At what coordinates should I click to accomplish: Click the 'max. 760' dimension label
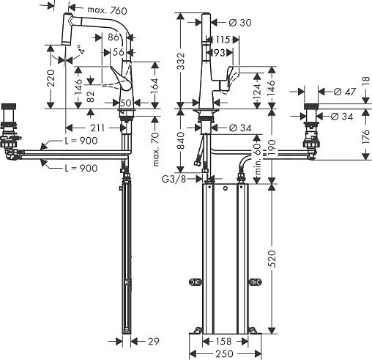(x=107, y=10)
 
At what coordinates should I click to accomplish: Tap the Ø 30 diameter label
(x=240, y=23)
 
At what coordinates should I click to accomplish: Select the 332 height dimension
(x=181, y=61)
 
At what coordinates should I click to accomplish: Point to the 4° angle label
(x=81, y=49)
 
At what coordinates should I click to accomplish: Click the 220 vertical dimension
(x=51, y=78)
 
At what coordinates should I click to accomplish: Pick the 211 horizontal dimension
(x=97, y=128)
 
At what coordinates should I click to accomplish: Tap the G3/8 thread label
(x=174, y=179)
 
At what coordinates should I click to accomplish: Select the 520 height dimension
(x=272, y=259)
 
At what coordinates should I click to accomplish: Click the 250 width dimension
(x=225, y=353)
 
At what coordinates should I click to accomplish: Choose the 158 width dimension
(x=223, y=341)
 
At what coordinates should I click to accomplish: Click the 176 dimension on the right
(x=366, y=137)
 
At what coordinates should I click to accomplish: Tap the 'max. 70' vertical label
(x=156, y=149)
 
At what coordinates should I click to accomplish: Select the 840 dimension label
(x=181, y=141)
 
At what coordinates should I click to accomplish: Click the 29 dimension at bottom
(x=154, y=341)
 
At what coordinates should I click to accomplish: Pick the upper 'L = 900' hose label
(x=81, y=141)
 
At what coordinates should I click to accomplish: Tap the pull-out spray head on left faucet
(x=67, y=29)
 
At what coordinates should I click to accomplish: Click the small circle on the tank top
(x=226, y=188)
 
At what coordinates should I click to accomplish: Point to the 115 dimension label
(x=223, y=40)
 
